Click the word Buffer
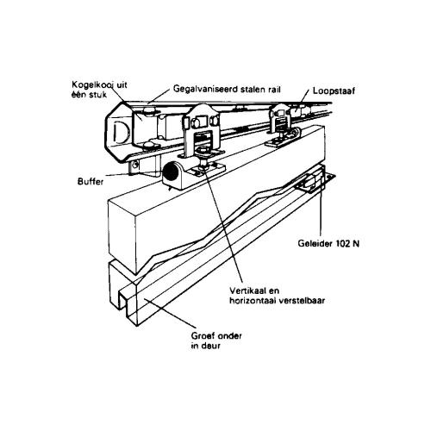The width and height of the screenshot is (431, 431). (x=91, y=182)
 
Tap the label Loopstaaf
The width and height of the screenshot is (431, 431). (x=334, y=91)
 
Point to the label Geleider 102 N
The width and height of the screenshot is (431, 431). (x=328, y=244)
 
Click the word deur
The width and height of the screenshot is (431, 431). (x=210, y=346)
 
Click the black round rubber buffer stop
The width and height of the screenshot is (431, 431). (x=171, y=172)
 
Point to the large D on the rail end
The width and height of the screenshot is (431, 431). (x=120, y=133)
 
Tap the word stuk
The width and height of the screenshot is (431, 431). (x=98, y=95)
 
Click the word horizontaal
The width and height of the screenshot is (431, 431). (x=253, y=301)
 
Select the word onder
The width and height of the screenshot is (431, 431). (x=229, y=335)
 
